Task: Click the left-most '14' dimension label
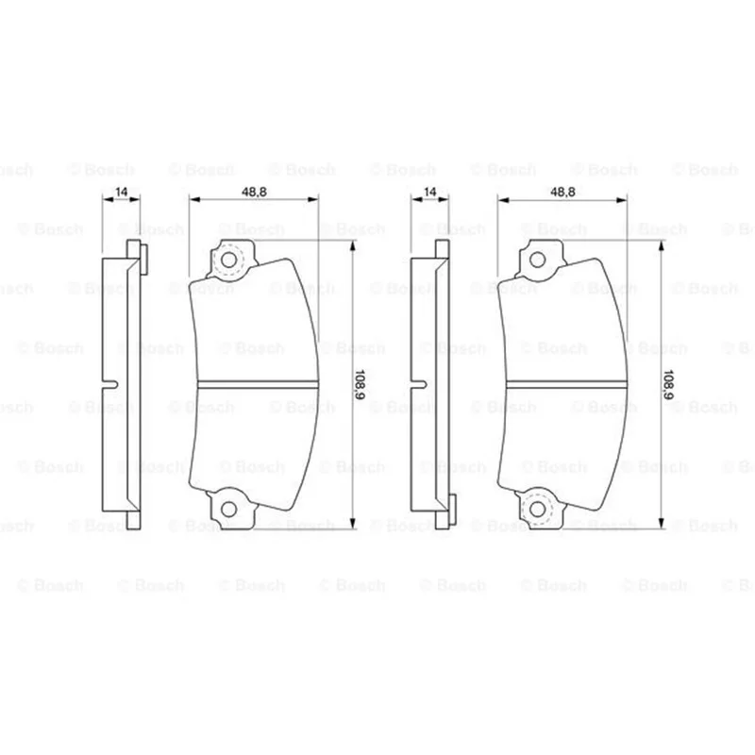click(122, 192)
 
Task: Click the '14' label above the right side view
click(429, 192)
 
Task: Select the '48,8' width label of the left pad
click(254, 192)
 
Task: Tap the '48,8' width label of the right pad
click(562, 192)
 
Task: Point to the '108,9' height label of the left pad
click(360, 385)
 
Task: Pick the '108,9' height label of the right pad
click(668, 385)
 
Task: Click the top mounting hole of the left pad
click(228, 260)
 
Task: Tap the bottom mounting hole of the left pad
click(228, 509)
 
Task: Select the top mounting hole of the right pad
click(537, 260)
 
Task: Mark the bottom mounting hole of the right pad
click(537, 509)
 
